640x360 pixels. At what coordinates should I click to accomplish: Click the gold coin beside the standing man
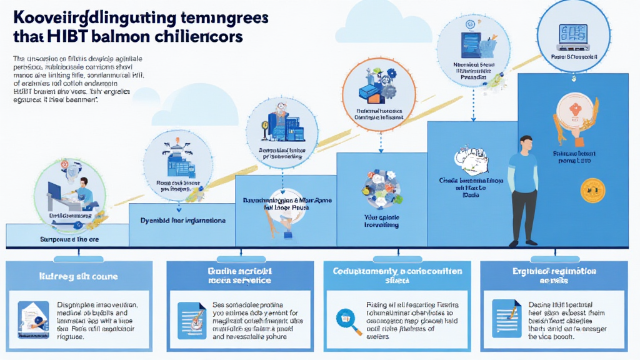click(x=592, y=189)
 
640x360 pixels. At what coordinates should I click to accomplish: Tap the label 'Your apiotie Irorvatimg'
click(x=381, y=220)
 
